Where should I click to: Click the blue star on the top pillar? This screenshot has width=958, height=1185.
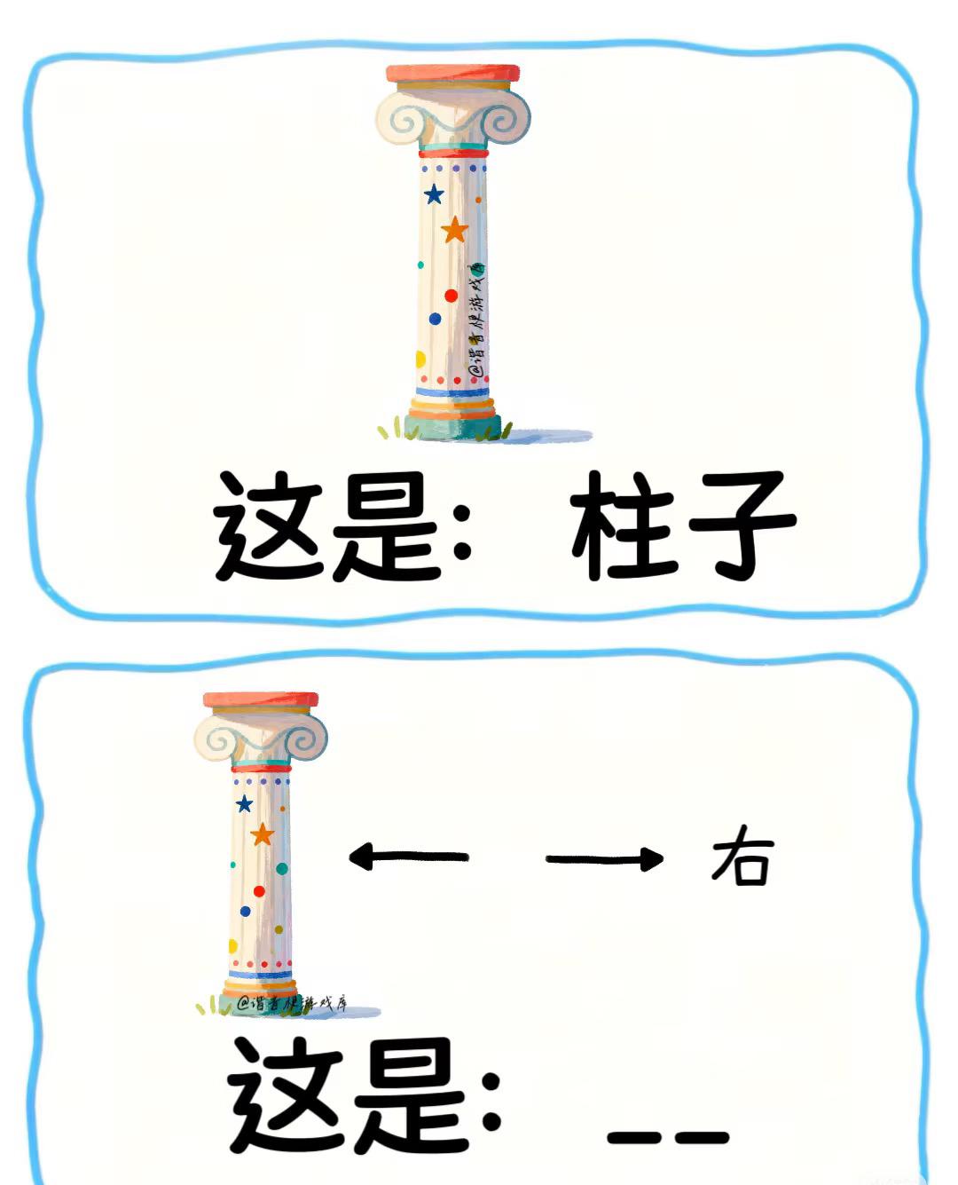pyautogui.click(x=434, y=194)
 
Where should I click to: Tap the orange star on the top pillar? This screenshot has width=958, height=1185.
pyautogui.click(x=454, y=231)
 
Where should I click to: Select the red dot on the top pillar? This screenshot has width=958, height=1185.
pyautogui.click(x=451, y=296)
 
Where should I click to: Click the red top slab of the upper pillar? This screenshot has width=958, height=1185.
pyautogui.click(x=452, y=74)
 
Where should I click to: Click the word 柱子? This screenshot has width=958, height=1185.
pyautogui.click(x=682, y=526)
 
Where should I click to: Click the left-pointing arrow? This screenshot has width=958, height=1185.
pyautogui.click(x=408, y=857)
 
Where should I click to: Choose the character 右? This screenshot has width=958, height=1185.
pyautogui.click(x=742, y=857)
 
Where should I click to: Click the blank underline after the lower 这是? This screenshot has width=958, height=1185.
pyautogui.click(x=668, y=1137)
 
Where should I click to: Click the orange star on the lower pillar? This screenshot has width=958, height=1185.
pyautogui.click(x=262, y=835)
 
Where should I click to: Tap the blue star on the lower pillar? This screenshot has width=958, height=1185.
pyautogui.click(x=244, y=804)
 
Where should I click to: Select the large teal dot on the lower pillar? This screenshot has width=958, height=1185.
pyautogui.click(x=282, y=869)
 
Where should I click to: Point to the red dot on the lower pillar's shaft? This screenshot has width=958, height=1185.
pyautogui.click(x=259, y=891)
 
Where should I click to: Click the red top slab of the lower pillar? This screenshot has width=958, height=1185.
pyautogui.click(x=261, y=700)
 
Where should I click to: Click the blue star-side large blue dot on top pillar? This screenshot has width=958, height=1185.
pyautogui.click(x=435, y=319)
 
